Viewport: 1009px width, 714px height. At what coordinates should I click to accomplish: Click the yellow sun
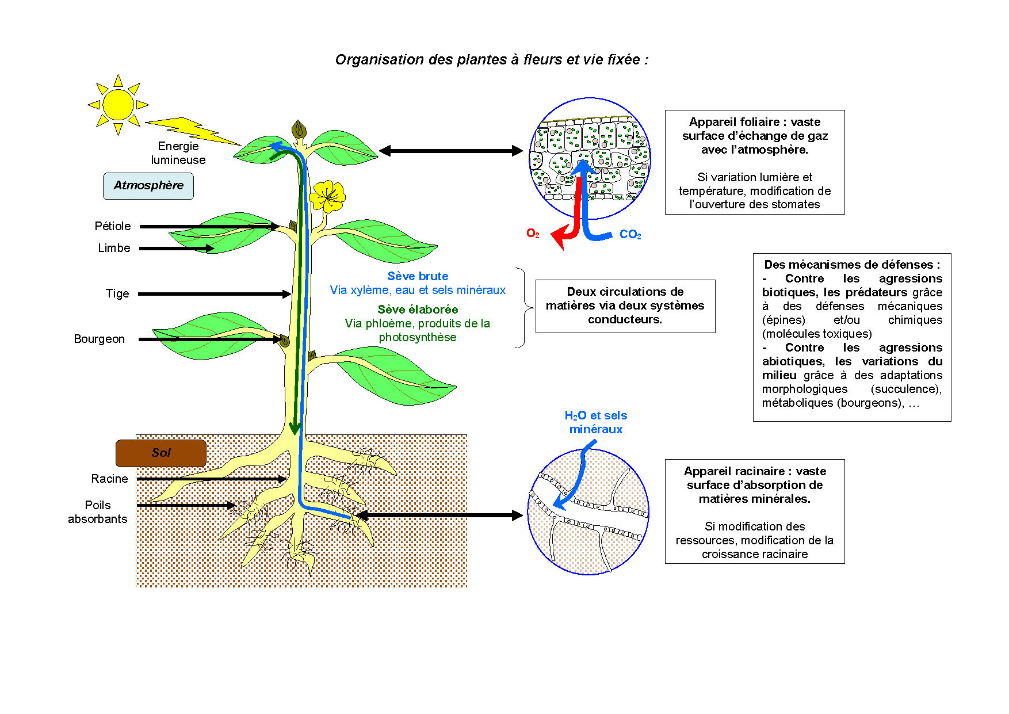pos(118,105)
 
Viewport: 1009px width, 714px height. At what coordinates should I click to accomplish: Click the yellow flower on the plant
pos(327,196)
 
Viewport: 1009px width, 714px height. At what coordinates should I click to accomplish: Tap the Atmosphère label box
pos(148,186)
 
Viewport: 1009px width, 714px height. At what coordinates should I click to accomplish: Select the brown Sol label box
pos(161,453)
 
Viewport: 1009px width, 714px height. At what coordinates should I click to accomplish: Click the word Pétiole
pos(113,226)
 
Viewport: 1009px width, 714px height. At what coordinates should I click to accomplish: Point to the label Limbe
pos(114,248)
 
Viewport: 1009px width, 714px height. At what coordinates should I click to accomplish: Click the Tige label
pos(117,293)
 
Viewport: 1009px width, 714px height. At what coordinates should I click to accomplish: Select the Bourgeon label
pos(99,339)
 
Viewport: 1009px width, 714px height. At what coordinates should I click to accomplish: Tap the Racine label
pos(109,479)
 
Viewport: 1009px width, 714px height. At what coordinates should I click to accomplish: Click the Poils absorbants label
pos(98,512)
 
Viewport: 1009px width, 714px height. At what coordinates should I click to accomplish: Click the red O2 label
pos(533,233)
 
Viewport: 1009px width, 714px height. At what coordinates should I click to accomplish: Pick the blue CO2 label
pos(630,234)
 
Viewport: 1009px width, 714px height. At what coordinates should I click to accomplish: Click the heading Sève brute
pos(418,276)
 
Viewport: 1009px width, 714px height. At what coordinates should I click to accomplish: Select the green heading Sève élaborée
pos(418,310)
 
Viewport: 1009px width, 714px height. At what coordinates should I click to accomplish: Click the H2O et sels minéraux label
pos(596,422)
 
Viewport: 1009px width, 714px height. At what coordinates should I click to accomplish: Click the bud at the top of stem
pos(299,130)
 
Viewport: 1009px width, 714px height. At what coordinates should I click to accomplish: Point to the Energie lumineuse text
pos(178,153)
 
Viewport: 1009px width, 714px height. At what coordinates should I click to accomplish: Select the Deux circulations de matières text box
pos(625,306)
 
